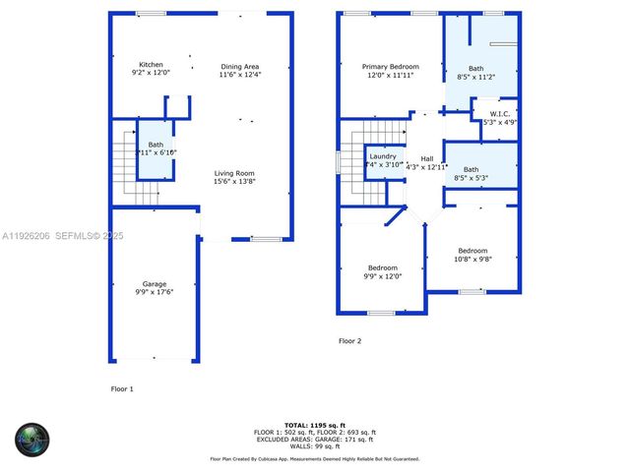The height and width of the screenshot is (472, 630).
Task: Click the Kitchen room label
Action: click(x=152, y=64)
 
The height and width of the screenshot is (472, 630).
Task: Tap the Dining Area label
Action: click(x=240, y=66)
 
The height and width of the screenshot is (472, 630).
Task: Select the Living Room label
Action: click(x=235, y=173)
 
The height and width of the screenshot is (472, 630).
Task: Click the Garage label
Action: click(x=154, y=283)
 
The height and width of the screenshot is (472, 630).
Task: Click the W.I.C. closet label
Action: click(x=498, y=114)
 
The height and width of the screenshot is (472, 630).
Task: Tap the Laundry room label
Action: click(x=382, y=156)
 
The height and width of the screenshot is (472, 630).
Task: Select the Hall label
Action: click(x=427, y=158)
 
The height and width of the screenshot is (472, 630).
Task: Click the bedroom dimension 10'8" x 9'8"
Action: click(x=472, y=259)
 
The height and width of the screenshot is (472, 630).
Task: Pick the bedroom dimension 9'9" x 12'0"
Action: click(x=383, y=276)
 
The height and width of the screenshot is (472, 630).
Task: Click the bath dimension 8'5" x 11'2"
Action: click(x=476, y=77)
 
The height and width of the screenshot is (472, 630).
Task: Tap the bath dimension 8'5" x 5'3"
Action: click(x=472, y=178)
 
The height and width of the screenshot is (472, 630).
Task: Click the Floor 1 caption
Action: click(x=121, y=388)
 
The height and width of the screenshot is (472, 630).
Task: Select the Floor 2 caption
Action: click(x=350, y=341)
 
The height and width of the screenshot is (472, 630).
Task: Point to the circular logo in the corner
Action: click(x=31, y=439)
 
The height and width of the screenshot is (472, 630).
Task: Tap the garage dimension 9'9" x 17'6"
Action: click(x=154, y=292)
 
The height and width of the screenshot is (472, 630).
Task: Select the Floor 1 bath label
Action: click(x=156, y=145)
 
